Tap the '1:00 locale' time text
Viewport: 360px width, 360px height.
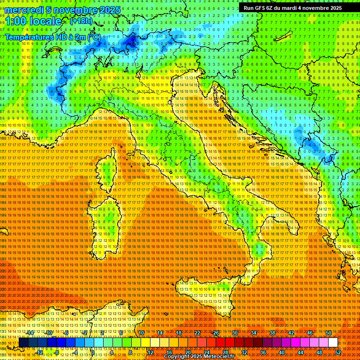(x=33, y=22)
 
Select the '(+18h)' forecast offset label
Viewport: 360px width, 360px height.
(x=81, y=21)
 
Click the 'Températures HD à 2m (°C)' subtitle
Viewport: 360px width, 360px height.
(x=52, y=37)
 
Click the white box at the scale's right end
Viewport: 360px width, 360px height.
(x=333, y=343)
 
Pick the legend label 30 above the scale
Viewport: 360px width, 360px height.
(x=235, y=333)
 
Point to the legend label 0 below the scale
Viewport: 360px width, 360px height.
(x=92, y=352)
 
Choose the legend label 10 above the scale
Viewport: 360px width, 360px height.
(x=141, y=333)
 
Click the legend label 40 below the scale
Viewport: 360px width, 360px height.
(x=282, y=352)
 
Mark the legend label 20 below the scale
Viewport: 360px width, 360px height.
(x=187, y=352)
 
